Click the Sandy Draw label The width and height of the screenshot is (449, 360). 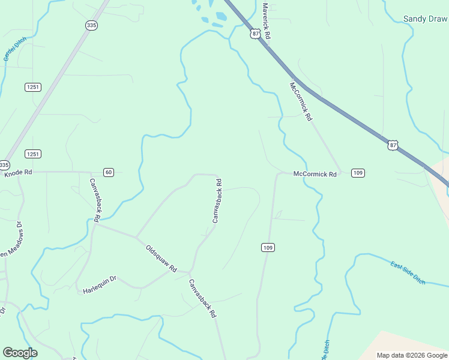[x=425, y=19]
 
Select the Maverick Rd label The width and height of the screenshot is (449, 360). [x=267, y=21]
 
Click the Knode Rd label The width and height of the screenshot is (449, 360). [x=18, y=173]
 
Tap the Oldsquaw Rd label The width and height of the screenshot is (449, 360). [x=161, y=258]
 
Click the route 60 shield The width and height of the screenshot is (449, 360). [x=108, y=173]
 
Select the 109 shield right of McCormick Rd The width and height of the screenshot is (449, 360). [x=358, y=173]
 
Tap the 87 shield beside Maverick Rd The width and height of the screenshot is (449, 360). [x=256, y=34]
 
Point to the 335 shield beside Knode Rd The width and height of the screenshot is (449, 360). [x=4, y=165]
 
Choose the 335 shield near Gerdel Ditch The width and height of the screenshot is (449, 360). [x=91, y=25]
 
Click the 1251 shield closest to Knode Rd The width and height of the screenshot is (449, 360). [x=33, y=154]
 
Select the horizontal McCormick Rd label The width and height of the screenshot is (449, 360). [x=315, y=174]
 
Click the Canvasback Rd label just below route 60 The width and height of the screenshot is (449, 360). [x=96, y=198]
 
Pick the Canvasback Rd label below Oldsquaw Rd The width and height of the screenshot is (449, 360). [x=202, y=298]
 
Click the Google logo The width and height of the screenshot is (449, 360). [x=20, y=353]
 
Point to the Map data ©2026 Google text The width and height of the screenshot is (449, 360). [x=411, y=355]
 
